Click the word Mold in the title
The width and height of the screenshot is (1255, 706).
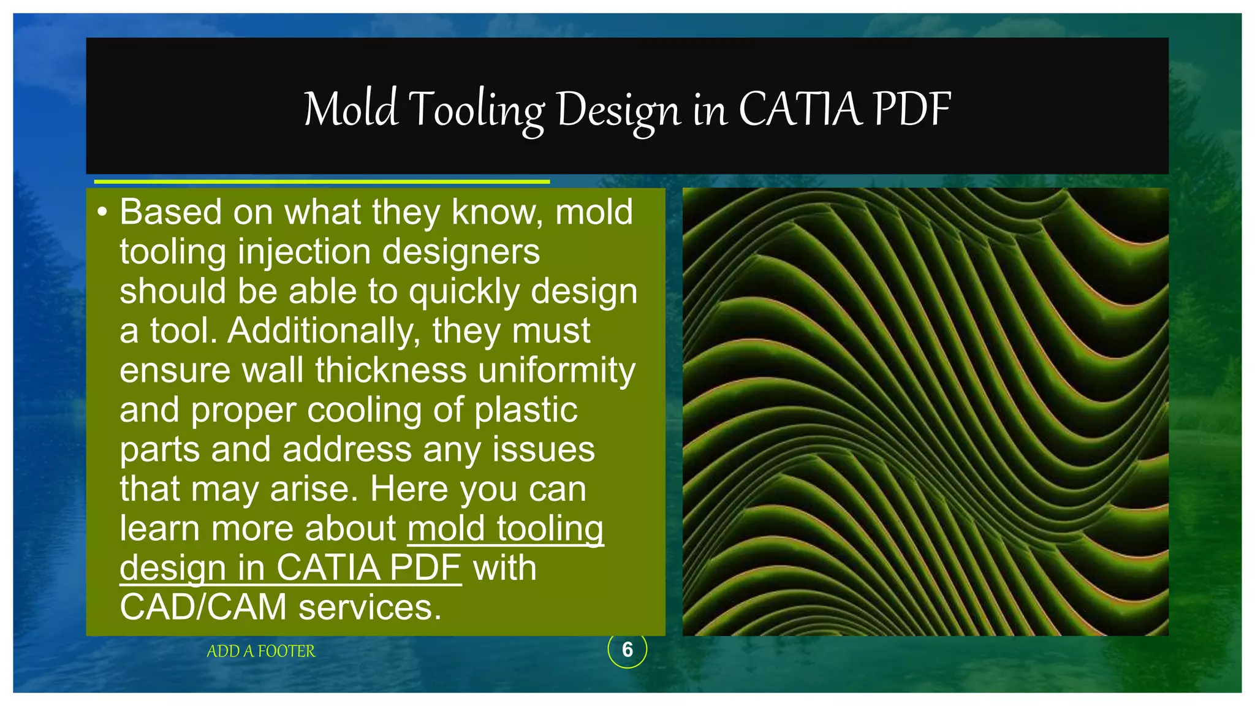point(351,110)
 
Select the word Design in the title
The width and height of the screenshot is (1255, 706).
point(618,111)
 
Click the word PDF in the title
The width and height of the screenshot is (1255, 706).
point(912,110)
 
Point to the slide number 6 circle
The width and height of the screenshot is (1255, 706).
point(627,650)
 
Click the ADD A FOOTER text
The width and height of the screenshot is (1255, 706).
point(261,651)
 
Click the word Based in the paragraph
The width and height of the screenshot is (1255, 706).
point(170,213)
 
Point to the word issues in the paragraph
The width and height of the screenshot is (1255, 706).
point(544,450)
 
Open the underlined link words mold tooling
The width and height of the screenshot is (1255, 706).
point(506,528)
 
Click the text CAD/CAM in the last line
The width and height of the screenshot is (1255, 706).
point(203,607)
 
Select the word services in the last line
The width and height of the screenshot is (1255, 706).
point(370,607)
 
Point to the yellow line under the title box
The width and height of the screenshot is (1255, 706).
point(322,182)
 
